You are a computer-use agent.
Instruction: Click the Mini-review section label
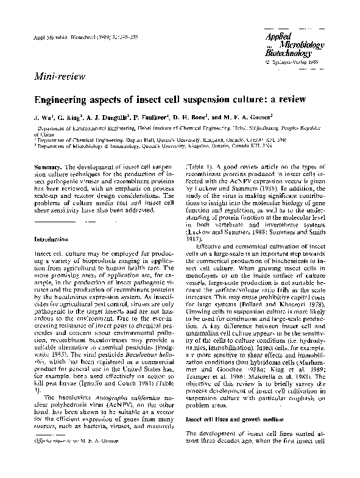(57, 76)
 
